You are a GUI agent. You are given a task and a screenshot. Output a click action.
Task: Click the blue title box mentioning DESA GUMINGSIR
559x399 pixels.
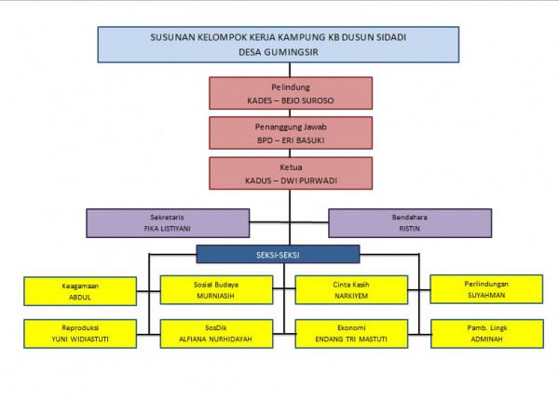[278, 45]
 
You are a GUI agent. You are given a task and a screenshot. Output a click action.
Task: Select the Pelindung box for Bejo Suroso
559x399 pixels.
[290, 92]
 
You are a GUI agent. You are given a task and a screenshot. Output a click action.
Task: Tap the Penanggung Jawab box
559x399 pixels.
[290, 133]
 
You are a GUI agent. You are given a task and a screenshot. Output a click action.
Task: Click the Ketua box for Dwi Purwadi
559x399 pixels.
[290, 172]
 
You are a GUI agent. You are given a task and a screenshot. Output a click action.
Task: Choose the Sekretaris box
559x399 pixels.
[168, 222]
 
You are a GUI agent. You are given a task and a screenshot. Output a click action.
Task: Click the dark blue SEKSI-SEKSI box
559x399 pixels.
[278, 253]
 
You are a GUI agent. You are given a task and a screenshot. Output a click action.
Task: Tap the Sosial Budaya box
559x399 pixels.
[216, 290]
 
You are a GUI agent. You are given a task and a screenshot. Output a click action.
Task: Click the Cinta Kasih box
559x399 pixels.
[352, 290]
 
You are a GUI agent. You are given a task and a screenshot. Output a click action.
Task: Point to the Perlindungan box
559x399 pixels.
[486, 289]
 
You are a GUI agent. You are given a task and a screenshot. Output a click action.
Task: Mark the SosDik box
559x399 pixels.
[216, 333]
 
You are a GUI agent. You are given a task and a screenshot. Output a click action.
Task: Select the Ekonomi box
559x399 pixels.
[352, 333]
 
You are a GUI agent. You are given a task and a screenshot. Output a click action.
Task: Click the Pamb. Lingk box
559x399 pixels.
[486, 333]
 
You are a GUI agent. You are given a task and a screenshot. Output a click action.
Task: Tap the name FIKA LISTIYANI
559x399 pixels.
[168, 228]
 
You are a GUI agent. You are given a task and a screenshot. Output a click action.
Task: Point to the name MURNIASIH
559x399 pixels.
[216, 297]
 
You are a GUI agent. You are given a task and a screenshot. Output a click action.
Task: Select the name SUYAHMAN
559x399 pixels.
[486, 295]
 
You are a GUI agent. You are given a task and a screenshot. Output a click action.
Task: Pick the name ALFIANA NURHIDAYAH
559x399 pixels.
[216, 339]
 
